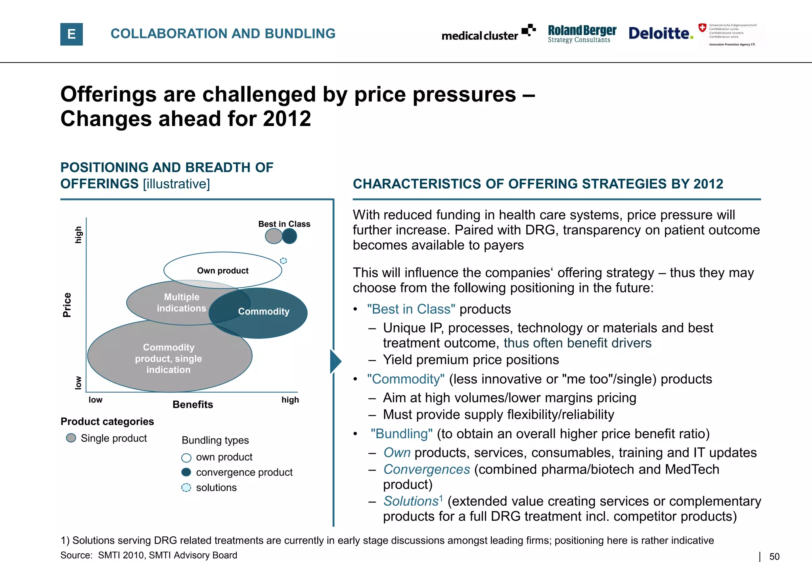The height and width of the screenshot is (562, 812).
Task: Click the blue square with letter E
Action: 71,34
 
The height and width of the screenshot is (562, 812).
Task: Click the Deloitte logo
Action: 661,33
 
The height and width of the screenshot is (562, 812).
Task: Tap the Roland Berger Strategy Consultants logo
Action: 582,34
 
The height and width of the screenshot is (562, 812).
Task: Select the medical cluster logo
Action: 488,33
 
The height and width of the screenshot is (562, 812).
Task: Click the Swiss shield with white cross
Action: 702,27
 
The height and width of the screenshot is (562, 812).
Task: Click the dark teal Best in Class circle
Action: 290,236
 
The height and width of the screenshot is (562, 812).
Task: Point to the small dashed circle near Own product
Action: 283,261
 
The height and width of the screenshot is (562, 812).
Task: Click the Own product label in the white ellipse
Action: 223,271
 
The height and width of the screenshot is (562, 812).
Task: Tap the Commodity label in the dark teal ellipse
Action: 264,312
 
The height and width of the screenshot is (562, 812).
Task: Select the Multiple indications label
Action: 182,302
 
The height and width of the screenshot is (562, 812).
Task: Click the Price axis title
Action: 67,305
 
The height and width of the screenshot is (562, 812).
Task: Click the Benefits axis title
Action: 193,405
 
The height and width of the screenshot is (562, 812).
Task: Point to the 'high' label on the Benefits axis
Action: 290,400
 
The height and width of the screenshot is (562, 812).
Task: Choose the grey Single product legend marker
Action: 71,438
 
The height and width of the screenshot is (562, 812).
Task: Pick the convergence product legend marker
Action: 186,472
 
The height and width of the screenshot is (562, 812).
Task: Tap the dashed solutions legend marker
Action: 186,487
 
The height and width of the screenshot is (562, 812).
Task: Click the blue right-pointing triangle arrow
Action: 335,361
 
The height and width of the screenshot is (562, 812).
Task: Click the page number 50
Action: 774,556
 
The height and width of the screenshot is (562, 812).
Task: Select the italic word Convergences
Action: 427,469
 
